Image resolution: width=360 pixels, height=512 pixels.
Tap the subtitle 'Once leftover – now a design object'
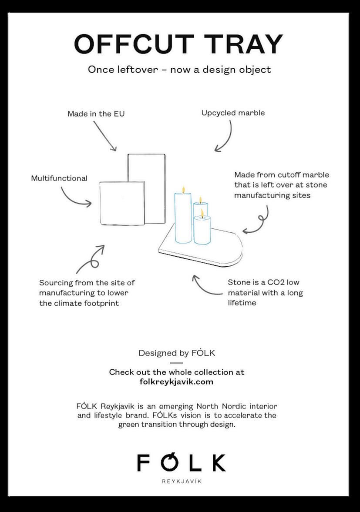pos(179,70)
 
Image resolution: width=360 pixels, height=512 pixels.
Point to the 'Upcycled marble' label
pos(233,113)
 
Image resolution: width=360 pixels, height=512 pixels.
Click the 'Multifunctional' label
pos(59,178)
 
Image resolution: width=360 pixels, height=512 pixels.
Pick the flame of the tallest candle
pos(184,189)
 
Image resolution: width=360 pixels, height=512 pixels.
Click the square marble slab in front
pos(122,203)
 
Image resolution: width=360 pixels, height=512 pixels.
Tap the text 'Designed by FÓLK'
pos(177,353)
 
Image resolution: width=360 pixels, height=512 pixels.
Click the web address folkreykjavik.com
pos(176,382)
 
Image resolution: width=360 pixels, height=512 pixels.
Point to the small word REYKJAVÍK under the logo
pos(182,482)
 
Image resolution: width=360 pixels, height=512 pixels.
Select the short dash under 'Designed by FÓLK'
pos(176,362)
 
